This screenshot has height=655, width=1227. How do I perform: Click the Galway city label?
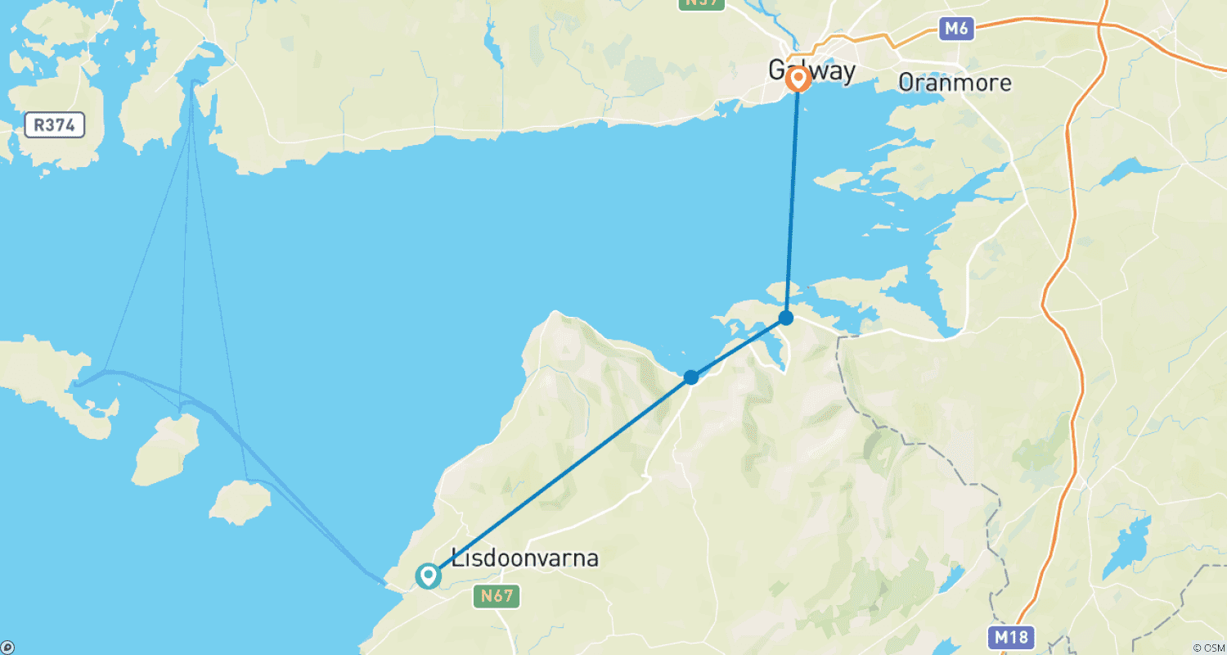[x=811, y=70]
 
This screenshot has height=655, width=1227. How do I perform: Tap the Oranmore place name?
[x=954, y=83]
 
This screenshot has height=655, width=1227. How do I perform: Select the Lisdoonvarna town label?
[x=524, y=559]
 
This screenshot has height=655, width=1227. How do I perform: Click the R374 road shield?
[x=55, y=125]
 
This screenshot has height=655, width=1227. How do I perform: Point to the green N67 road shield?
[x=496, y=596]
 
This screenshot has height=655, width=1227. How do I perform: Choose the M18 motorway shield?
[x=1010, y=637]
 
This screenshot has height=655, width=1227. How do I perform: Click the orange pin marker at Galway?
[x=798, y=79]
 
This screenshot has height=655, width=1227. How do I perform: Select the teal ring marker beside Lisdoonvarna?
[x=427, y=576]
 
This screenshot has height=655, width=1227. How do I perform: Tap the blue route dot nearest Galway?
[x=786, y=318]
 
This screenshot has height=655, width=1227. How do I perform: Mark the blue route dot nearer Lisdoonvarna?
[x=691, y=377]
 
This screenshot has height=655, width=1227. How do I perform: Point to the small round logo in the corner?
[x=7, y=648]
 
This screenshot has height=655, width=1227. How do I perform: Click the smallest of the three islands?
[x=240, y=503]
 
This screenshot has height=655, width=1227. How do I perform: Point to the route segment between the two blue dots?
[x=739, y=347]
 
